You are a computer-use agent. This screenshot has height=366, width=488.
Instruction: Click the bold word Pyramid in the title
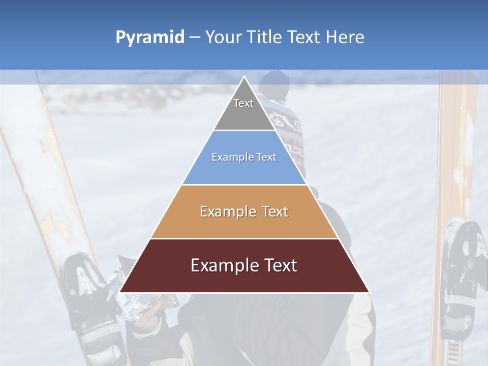tap(149, 38)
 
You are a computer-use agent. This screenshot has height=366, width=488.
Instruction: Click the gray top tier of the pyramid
tap(244, 109)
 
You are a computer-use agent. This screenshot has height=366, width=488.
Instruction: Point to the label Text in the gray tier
tap(243, 103)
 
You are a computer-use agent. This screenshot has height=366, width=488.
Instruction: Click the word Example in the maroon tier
tap(224, 265)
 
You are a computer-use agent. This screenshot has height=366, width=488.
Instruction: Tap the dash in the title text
tap(195, 38)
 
